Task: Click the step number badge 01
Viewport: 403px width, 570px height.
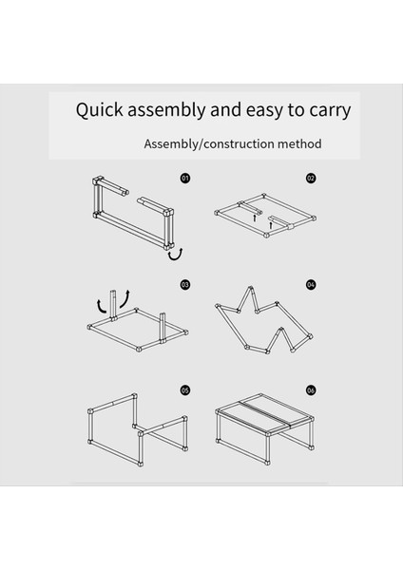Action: coord(185,179)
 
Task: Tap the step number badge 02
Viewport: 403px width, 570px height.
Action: coord(311,179)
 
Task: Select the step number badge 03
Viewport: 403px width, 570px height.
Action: coord(185,284)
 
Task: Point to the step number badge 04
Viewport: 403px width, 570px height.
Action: coord(311,284)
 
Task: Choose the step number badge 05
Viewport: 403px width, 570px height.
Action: coord(185,390)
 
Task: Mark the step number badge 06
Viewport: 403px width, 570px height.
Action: coord(311,390)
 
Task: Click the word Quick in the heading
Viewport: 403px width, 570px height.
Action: coord(99,110)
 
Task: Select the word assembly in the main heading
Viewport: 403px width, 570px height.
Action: coord(166,110)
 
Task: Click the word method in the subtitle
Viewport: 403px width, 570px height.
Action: coord(299,144)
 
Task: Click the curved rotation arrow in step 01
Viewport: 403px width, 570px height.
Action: coord(176,255)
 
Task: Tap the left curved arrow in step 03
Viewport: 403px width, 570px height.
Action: coord(102,307)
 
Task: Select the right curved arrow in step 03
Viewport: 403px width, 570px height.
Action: coord(125,298)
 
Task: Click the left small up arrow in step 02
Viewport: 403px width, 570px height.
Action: coord(255,218)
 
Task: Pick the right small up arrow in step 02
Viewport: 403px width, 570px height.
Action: coord(270,225)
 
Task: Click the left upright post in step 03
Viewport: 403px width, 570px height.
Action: coord(113,305)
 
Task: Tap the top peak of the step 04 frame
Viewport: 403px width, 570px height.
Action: coord(250,288)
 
